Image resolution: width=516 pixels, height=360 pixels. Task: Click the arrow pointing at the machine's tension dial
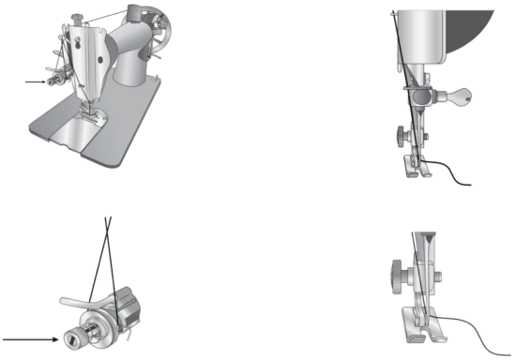[34, 82]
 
